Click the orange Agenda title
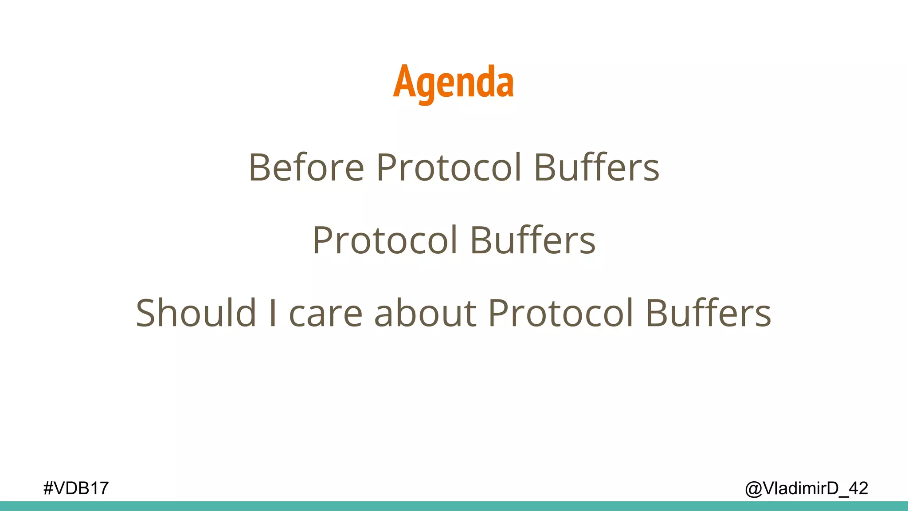click(x=453, y=83)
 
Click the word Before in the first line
click(x=306, y=168)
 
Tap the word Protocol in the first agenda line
click(x=449, y=168)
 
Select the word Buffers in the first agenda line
click(x=596, y=168)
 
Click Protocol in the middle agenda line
click(x=385, y=240)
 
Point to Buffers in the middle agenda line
click(x=532, y=240)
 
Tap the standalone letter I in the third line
click(x=273, y=313)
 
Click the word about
click(x=425, y=313)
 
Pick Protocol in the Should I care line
click(x=560, y=313)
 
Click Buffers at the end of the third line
click(x=708, y=313)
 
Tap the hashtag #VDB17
click(x=76, y=488)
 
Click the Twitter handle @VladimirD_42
click(x=806, y=488)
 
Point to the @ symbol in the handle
click(x=753, y=489)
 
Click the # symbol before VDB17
click(x=48, y=488)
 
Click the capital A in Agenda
click(x=404, y=82)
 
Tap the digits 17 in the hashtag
click(x=98, y=488)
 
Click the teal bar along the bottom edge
click(x=454, y=506)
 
